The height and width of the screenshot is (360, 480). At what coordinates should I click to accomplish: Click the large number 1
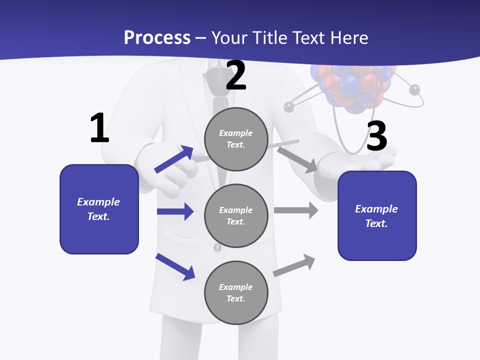point(99,128)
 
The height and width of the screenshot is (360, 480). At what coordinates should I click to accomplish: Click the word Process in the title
point(157,37)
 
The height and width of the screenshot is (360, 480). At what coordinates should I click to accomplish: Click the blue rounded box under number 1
point(99,209)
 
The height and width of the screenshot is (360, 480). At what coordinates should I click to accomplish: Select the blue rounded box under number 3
point(377,215)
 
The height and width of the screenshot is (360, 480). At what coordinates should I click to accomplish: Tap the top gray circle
point(236,139)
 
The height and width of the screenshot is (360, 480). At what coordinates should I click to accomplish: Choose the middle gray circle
point(236,215)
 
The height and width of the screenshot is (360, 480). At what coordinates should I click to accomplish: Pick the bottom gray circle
point(236,292)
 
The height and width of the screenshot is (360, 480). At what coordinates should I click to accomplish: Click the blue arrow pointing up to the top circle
point(174,159)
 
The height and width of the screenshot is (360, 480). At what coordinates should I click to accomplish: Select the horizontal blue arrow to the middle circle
point(175,211)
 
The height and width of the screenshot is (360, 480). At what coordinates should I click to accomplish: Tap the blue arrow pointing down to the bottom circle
point(175,266)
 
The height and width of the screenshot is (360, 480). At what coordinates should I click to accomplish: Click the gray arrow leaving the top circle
point(297,160)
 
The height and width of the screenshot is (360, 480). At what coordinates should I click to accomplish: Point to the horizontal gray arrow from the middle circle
point(296,210)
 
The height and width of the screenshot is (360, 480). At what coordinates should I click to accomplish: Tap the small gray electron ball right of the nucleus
point(414,90)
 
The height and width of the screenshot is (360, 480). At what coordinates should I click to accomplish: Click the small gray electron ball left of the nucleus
point(288,106)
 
